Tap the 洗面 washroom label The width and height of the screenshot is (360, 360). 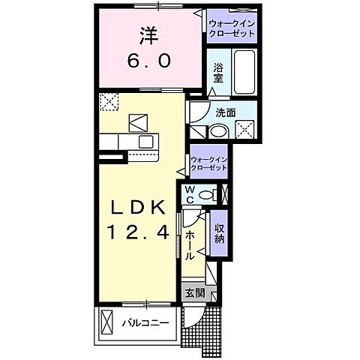click(226, 112)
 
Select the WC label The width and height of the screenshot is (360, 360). click(191, 193)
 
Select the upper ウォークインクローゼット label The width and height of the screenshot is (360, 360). click(232, 28)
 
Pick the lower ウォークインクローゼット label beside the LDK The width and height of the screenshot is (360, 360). click(209, 163)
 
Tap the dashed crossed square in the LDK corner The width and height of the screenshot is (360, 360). click(110, 100)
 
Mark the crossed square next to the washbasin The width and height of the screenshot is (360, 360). click(244, 130)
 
